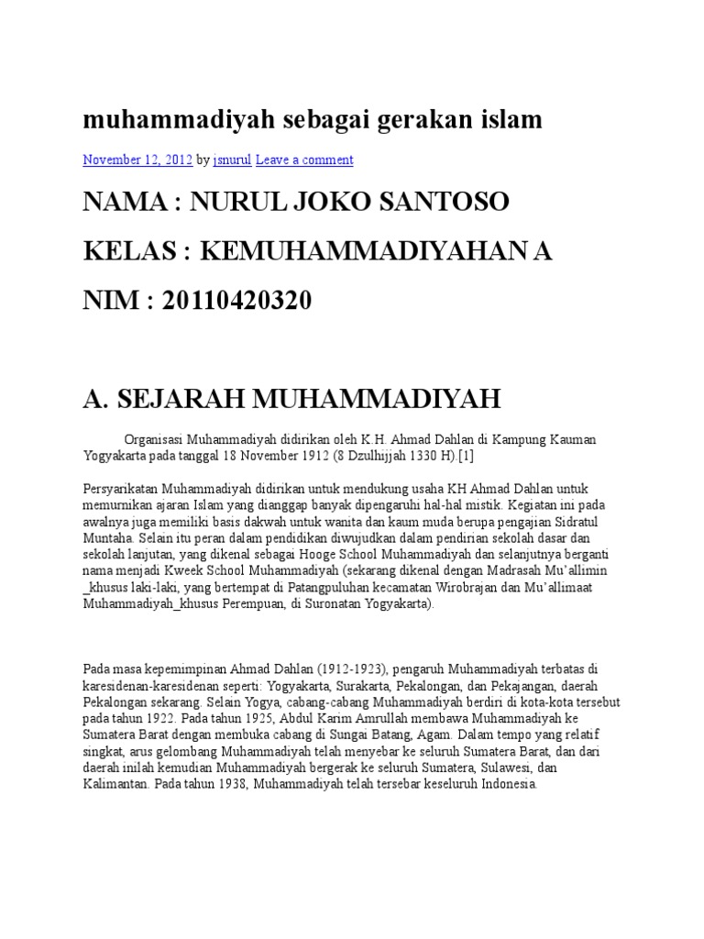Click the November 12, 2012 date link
(x=137, y=160)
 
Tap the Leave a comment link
(x=304, y=160)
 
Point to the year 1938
(x=229, y=785)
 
